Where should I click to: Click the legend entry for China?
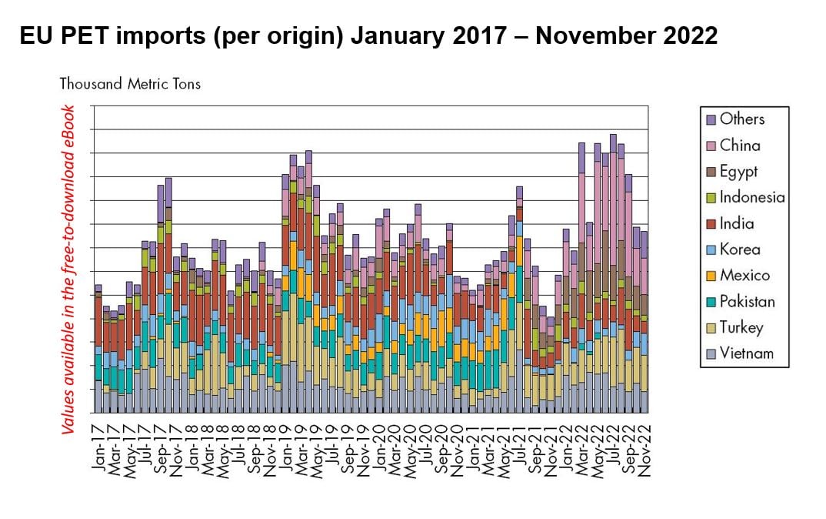coord(739,146)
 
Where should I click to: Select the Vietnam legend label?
coord(746,354)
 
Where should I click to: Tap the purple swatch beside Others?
coord(711,119)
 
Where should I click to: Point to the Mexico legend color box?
coord(711,276)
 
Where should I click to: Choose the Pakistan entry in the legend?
coord(747,302)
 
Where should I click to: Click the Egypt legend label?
coord(738,172)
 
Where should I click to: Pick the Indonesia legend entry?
coord(752,198)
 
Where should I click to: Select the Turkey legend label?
coord(741,328)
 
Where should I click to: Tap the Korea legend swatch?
coord(711,249)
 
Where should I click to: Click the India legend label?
coord(736,224)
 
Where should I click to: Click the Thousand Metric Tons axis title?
coord(130,84)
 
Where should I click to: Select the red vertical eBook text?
coord(69,270)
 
